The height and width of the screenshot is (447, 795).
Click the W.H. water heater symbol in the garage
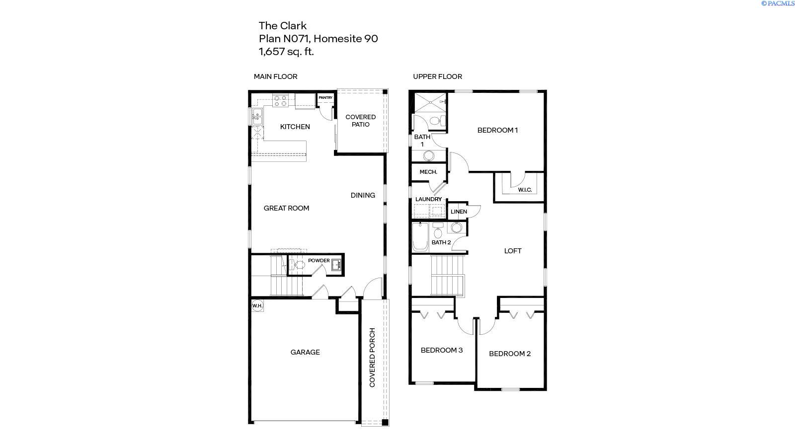point(257,305)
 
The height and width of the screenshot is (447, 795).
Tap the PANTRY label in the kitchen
point(325,98)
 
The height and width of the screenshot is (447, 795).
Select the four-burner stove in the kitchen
point(280,101)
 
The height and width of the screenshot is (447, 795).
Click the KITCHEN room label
point(295,127)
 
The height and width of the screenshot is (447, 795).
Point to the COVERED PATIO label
point(360,121)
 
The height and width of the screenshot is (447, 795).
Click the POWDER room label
point(318,260)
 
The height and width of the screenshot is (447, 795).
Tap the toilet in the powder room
point(298,265)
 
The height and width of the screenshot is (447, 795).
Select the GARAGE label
point(305,352)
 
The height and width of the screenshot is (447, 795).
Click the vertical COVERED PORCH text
point(372,357)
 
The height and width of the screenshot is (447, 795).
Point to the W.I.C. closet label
point(525,190)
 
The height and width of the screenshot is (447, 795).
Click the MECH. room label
point(428,172)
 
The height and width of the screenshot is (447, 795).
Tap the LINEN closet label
point(459,212)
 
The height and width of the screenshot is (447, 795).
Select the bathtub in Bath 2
point(420,237)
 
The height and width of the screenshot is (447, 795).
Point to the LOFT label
point(513,251)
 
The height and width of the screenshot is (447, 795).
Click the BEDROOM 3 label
point(441,350)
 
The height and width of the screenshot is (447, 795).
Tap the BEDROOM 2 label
point(509,354)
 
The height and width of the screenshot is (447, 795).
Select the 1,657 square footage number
point(271,51)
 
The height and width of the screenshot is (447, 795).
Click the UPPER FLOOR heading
point(437,76)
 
